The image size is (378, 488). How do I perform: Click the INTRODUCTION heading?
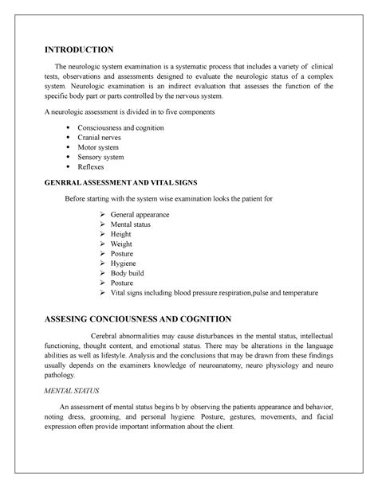[78, 49]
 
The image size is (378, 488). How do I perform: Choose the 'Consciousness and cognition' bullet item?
[120, 127]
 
